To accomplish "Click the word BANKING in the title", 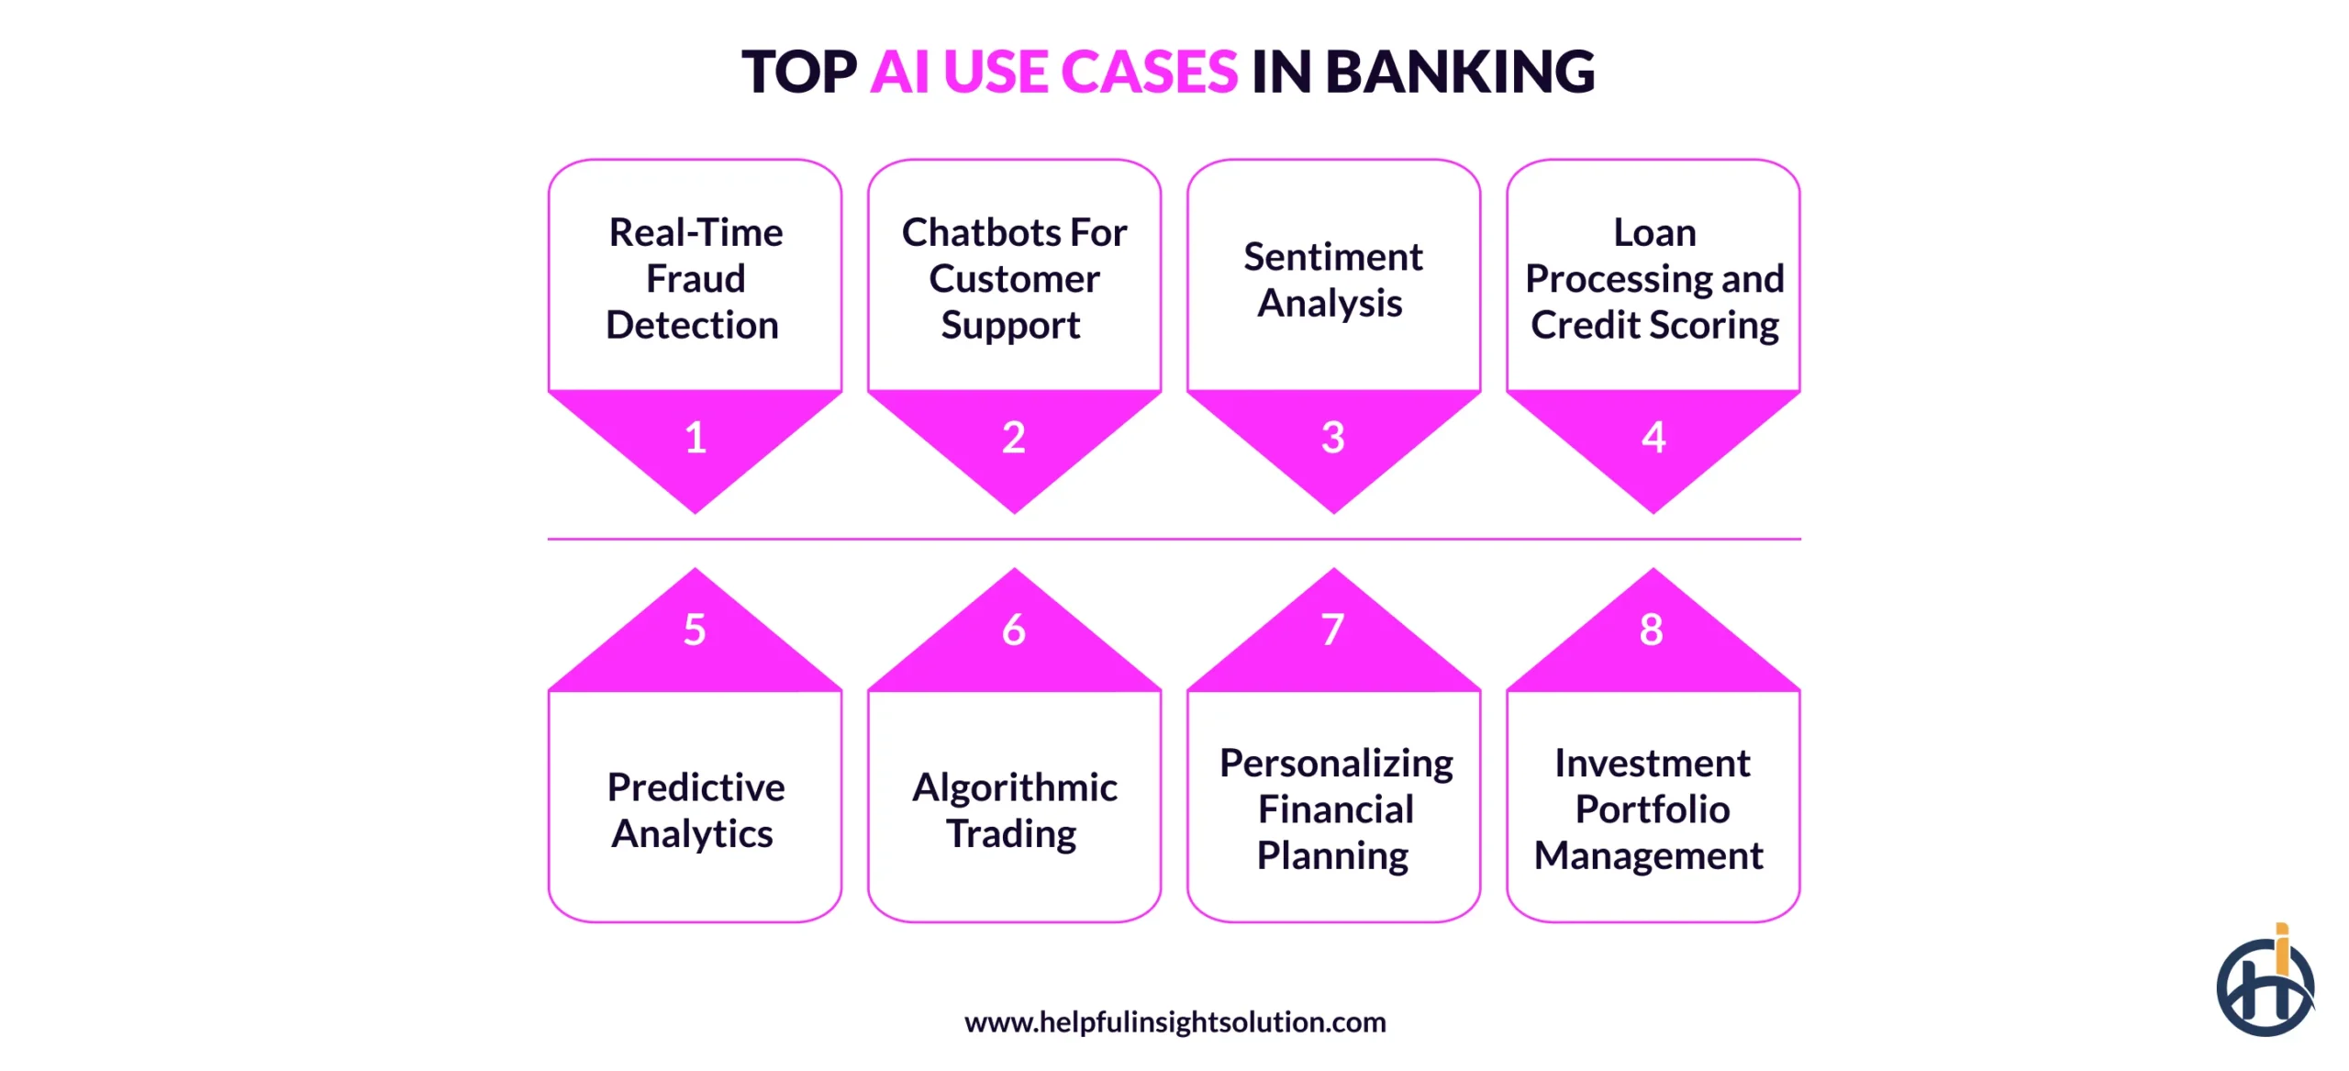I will [x=1459, y=72].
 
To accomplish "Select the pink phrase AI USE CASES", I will [x=1053, y=72].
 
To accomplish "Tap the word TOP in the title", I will [x=798, y=72].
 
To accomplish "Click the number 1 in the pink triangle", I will [x=696, y=438].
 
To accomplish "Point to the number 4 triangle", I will [x=1653, y=438].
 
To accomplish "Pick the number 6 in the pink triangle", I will [x=1014, y=630].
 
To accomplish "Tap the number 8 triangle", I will [x=1652, y=630].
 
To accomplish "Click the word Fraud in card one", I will [x=696, y=279].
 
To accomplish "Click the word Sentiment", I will [x=1333, y=257].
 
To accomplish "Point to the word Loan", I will [x=1654, y=232].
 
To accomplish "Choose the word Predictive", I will [x=696, y=787].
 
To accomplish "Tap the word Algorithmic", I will [x=1014, y=787].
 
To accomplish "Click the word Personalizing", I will [x=1336, y=764].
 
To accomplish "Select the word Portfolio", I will [x=1653, y=809].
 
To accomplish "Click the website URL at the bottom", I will [x=1174, y=1021].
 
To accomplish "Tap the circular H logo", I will [x=2264, y=988].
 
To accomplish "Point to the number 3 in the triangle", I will [x=1333, y=438].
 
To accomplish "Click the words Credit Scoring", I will [x=1654, y=326].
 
